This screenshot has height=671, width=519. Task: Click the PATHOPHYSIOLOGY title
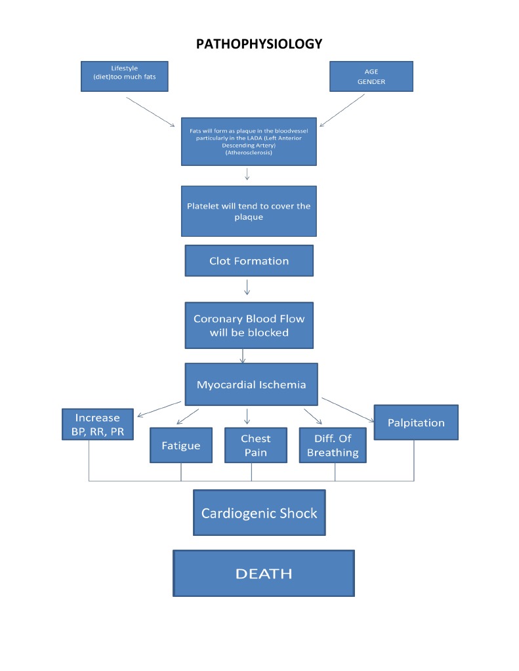click(x=259, y=45)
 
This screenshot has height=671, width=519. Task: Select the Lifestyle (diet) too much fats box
click(x=125, y=76)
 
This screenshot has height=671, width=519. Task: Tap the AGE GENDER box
click(x=371, y=76)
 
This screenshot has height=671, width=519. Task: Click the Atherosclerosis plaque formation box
click(x=249, y=141)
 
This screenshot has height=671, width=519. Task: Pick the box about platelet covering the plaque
click(x=249, y=211)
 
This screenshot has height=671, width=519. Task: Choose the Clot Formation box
click(x=249, y=260)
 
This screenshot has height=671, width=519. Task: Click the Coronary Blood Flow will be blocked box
click(x=249, y=325)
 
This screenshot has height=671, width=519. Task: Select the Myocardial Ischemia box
click(x=251, y=384)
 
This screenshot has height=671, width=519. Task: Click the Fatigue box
click(x=181, y=445)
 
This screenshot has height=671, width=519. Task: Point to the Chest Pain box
click(x=255, y=445)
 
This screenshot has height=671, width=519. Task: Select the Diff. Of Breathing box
click(x=333, y=445)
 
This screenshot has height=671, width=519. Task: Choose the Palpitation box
click(x=416, y=422)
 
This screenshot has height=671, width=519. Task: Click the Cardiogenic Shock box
click(x=259, y=512)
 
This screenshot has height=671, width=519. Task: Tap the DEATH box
click(x=263, y=573)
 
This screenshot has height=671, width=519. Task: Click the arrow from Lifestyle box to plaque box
click(x=150, y=112)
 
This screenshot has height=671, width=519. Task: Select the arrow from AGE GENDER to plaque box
click(x=341, y=110)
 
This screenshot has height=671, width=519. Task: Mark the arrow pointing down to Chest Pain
click(x=247, y=416)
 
